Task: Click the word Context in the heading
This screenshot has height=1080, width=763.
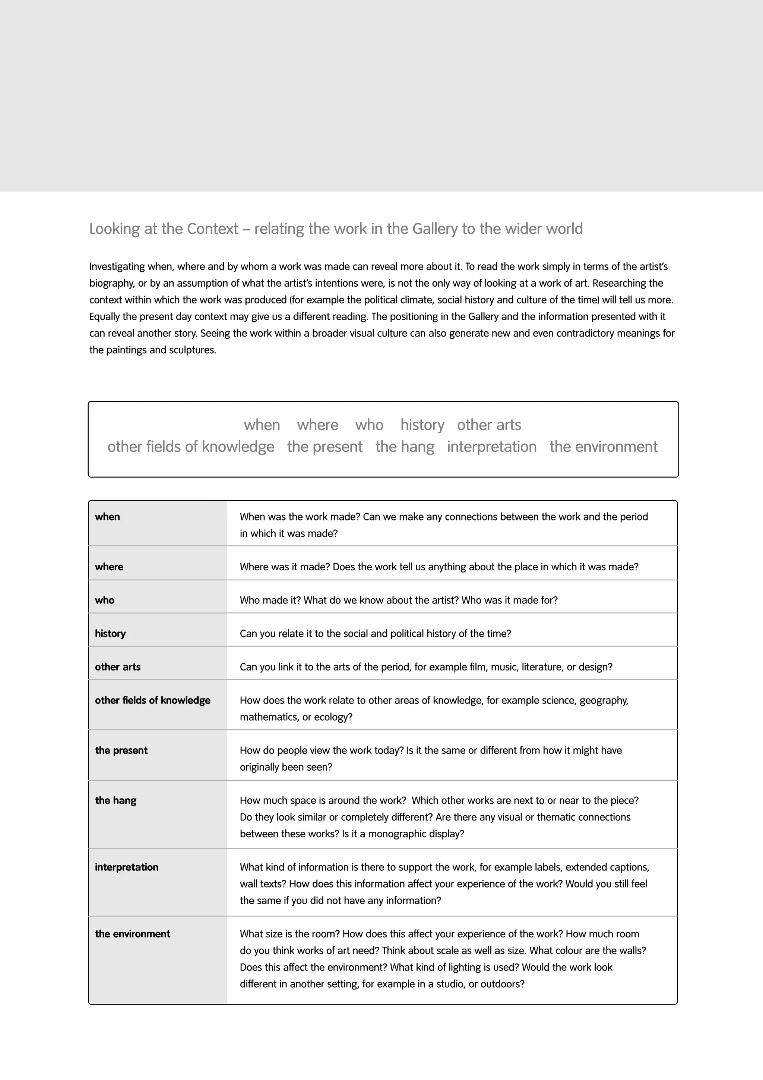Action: point(212,229)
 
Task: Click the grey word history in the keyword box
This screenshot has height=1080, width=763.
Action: point(422,425)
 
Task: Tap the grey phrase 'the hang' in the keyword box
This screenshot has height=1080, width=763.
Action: point(405,446)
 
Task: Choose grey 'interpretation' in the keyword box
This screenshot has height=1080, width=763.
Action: point(491,446)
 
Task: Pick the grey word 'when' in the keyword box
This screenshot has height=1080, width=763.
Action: point(262,425)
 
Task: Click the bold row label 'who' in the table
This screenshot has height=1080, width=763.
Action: point(104,600)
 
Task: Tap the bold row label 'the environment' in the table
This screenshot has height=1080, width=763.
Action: point(132,934)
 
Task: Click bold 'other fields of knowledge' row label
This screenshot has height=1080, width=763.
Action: point(152,700)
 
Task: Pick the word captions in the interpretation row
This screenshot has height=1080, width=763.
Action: point(630,867)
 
